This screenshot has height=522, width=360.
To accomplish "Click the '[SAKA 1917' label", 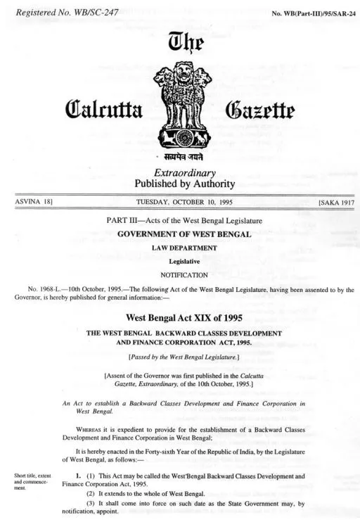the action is [335, 203].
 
